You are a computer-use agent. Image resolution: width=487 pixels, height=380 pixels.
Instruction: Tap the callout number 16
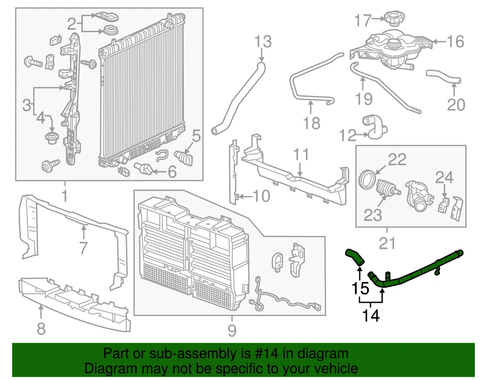456,41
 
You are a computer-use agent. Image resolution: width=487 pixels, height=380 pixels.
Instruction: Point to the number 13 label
263,42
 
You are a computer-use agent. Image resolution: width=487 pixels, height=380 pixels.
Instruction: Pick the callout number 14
371,316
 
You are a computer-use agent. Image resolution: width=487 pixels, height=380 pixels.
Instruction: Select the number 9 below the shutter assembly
232,331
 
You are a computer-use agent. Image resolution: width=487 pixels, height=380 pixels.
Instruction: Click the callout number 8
41,329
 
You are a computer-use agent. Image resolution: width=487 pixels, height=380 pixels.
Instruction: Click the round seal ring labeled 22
368,179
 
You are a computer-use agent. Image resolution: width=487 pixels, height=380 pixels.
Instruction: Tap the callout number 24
444,178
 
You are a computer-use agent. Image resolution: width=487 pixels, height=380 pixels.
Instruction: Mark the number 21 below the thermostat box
387,244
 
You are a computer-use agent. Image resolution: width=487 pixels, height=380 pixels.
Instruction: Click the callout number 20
456,105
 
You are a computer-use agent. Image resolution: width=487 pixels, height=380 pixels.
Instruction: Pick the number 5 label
196,136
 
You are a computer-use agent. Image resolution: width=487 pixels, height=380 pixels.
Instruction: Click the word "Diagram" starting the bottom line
105,368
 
